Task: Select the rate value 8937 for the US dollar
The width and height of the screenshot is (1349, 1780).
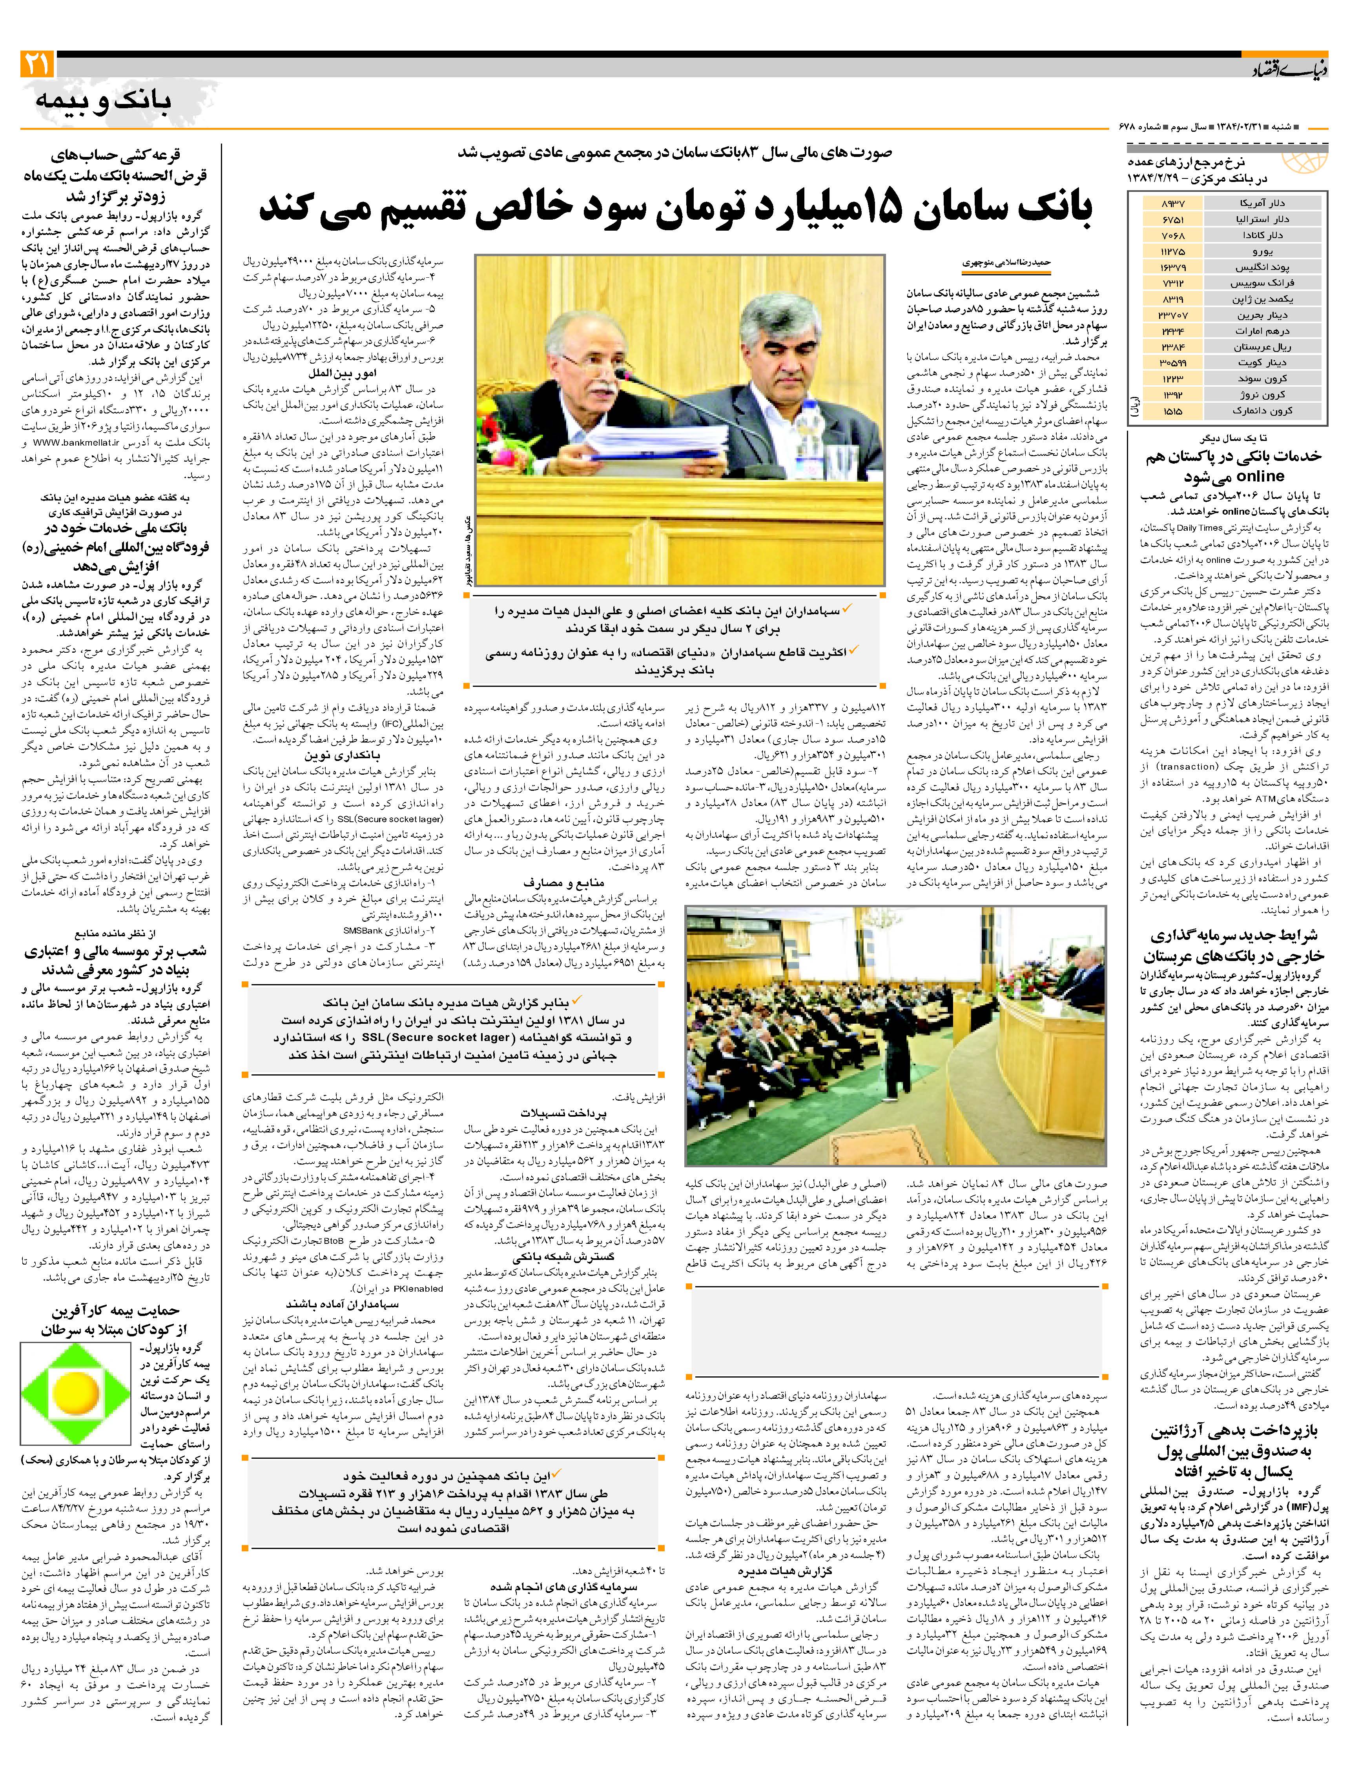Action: [1174, 204]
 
